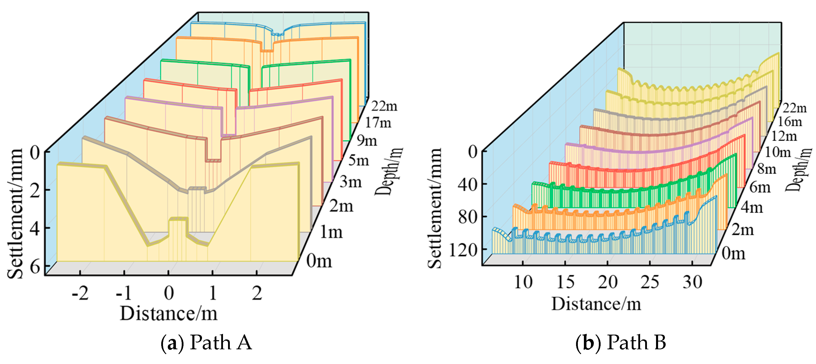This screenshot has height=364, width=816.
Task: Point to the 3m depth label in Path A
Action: pyautogui.click(x=351, y=182)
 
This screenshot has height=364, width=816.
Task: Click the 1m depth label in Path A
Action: pyautogui.click(x=331, y=233)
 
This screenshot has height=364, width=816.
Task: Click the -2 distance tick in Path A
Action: pyautogui.click(x=80, y=293)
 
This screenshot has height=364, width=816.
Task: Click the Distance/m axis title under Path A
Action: pyautogui.click(x=169, y=314)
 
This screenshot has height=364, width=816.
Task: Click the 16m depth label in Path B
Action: pyautogui.click(x=790, y=122)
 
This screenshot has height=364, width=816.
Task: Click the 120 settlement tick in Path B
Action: pyautogui.click(x=463, y=251)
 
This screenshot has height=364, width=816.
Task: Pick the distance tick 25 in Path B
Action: pyautogui.click(x=650, y=282)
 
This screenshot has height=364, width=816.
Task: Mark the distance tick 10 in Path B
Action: pyautogui.click(x=523, y=282)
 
